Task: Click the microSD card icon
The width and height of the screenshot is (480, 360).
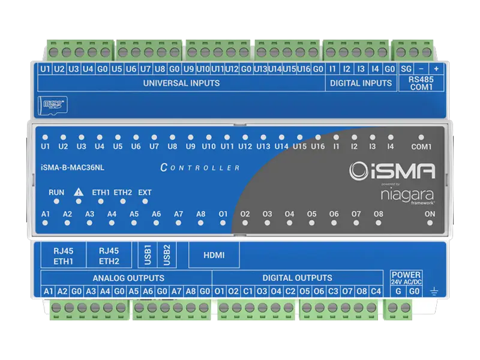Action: tap(52, 105)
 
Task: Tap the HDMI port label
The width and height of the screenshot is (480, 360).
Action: tap(214, 256)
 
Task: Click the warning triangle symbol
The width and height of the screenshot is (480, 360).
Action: tap(78, 192)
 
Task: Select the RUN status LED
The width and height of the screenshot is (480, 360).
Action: tap(56, 202)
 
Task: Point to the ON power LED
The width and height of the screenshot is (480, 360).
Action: tap(430, 222)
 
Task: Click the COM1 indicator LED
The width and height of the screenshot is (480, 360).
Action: tap(421, 137)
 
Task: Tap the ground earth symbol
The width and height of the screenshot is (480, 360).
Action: tap(434, 292)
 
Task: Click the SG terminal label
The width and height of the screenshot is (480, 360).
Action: tap(406, 69)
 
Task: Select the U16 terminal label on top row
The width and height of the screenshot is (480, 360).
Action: tap(304, 69)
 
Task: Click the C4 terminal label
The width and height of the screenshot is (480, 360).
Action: tap(376, 292)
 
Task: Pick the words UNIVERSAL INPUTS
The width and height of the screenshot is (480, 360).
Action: tap(181, 83)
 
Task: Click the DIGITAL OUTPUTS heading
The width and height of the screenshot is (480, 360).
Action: tap(297, 278)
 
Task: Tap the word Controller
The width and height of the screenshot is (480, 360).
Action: tap(200, 167)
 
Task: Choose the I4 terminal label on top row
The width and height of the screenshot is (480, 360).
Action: tap(375, 69)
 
